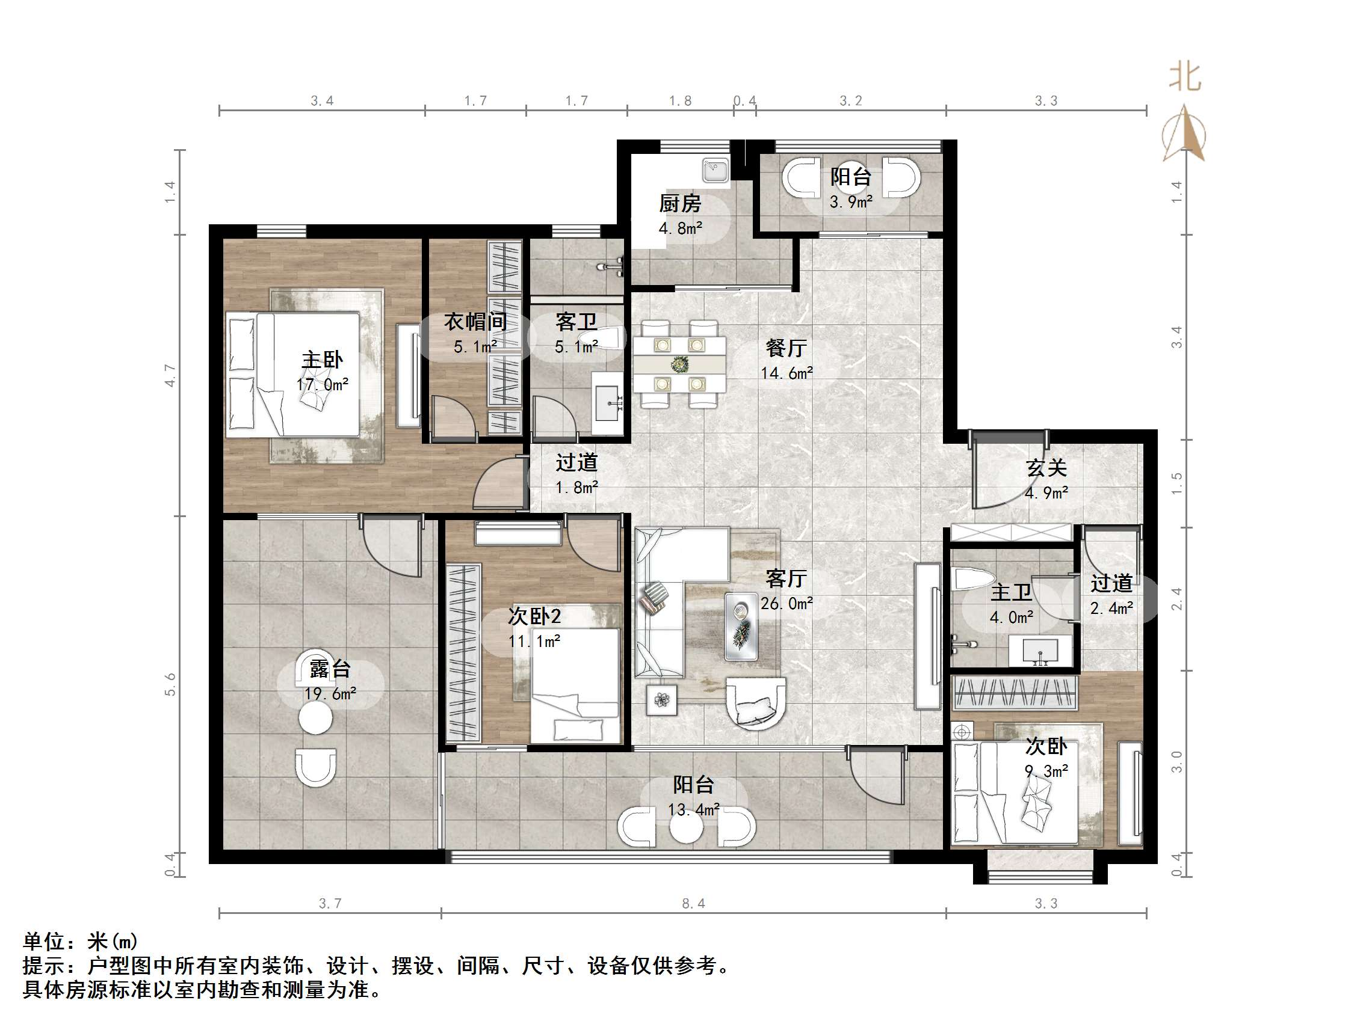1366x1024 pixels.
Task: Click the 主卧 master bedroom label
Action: click(x=322, y=360)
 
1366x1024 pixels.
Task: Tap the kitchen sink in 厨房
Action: click(x=715, y=170)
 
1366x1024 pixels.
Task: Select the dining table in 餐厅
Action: click(x=679, y=364)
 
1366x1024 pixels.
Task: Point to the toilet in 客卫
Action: click(x=608, y=339)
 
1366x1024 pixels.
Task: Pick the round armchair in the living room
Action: click(x=755, y=704)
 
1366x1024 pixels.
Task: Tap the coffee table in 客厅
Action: click(x=741, y=627)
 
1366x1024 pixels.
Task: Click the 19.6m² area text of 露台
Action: click(x=330, y=694)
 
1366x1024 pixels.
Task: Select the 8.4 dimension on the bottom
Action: click(x=693, y=904)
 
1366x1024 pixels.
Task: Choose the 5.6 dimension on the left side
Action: click(x=170, y=684)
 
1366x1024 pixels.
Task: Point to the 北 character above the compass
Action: click(x=1184, y=78)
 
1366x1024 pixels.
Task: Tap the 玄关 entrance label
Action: click(x=1046, y=468)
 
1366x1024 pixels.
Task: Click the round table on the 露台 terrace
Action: click(x=315, y=718)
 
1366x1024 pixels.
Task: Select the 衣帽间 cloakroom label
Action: click(x=475, y=322)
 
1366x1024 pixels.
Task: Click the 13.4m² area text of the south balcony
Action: click(x=693, y=810)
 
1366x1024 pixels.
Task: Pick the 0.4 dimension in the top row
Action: click(x=745, y=100)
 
